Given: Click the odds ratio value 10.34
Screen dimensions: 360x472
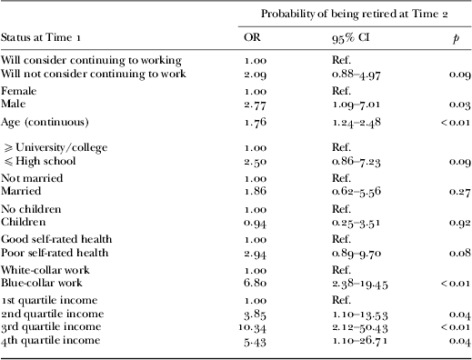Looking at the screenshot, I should click(259, 325).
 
